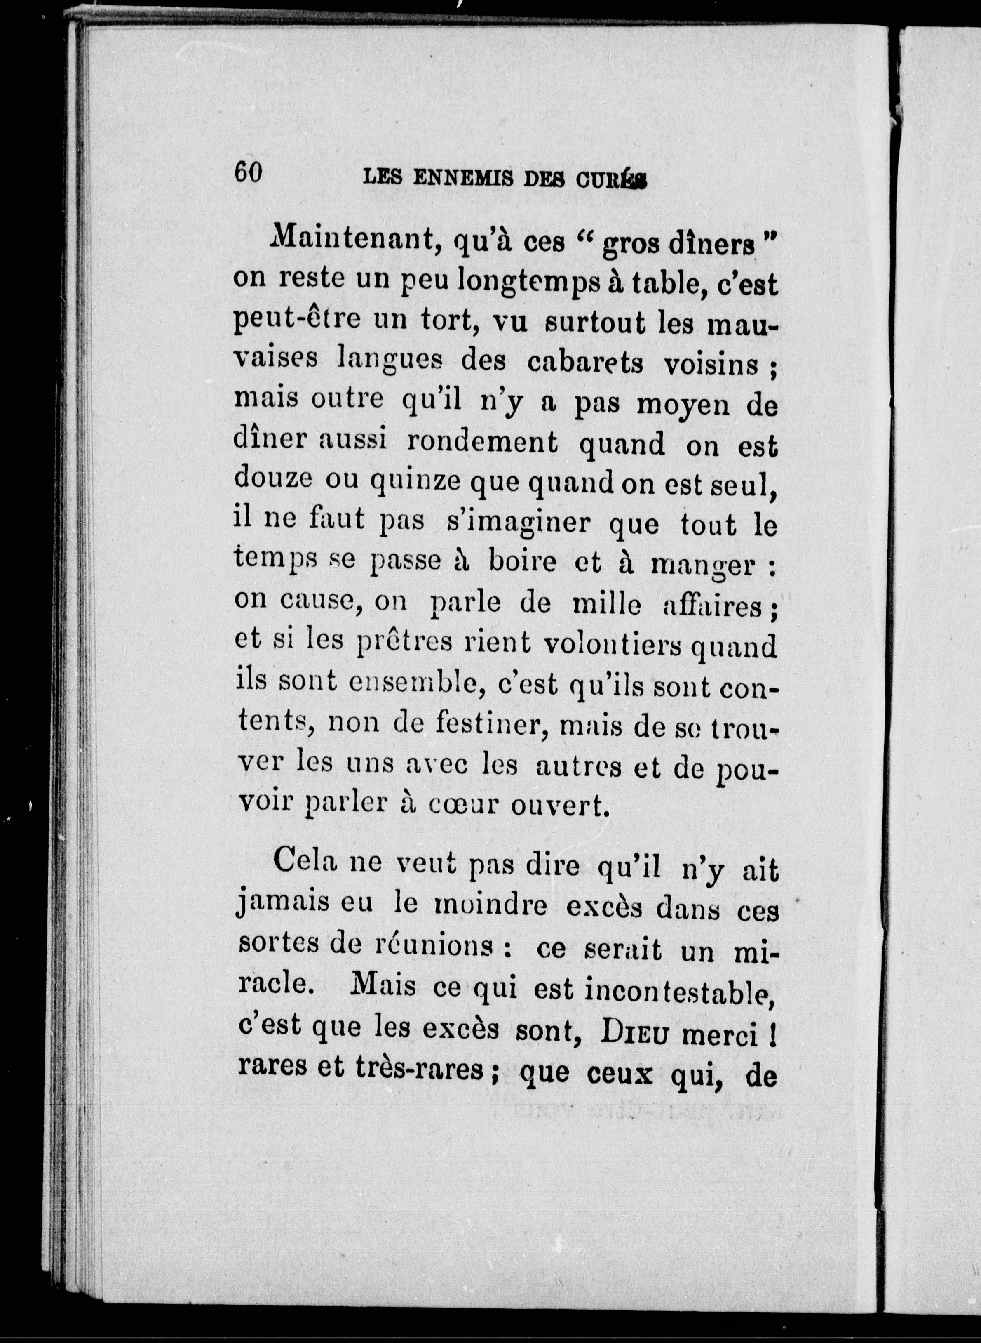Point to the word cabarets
tap(585, 363)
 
